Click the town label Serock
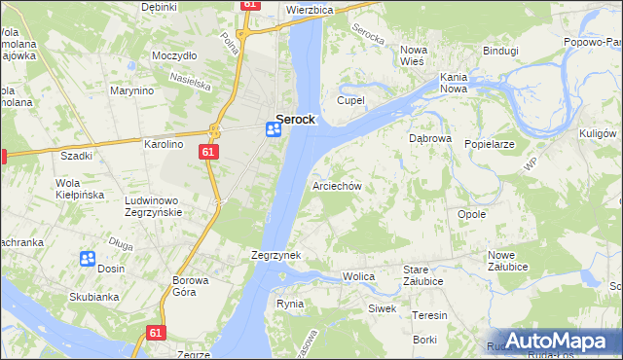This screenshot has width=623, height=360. click(x=295, y=119)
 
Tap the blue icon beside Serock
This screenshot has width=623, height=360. click(x=275, y=130)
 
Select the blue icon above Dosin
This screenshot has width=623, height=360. click(x=87, y=258)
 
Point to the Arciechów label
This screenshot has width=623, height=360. click(x=337, y=185)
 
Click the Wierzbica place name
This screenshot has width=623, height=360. click(x=311, y=9)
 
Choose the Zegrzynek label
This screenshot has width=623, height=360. click(x=275, y=255)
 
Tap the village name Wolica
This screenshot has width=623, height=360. click(x=358, y=277)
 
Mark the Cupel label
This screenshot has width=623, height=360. click(x=349, y=100)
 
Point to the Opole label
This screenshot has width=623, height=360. click(x=471, y=214)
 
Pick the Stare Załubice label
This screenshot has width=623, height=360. click(x=423, y=275)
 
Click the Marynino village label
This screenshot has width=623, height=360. click(x=132, y=91)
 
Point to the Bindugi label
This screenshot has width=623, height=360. click(x=500, y=49)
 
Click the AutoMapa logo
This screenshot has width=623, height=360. click(x=555, y=341)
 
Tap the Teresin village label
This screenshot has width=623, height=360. click(x=429, y=315)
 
